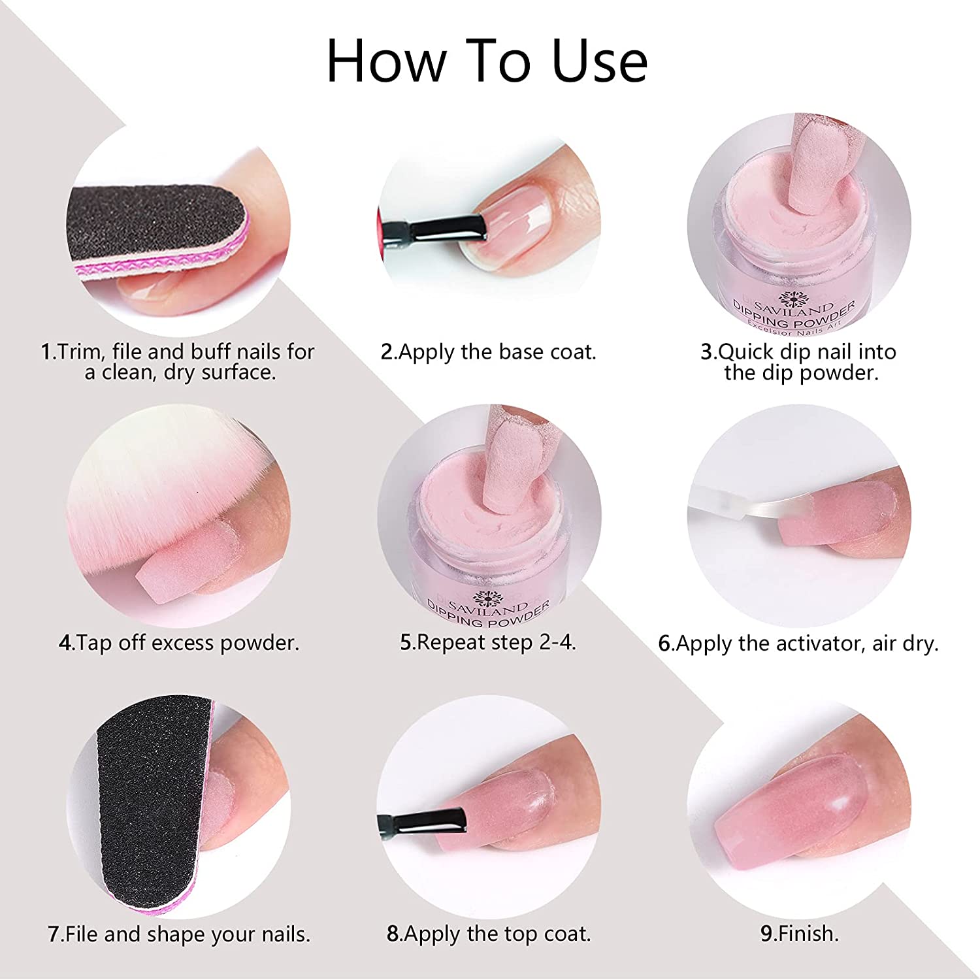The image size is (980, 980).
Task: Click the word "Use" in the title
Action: point(599,61)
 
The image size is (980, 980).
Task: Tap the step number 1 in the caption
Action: point(46,351)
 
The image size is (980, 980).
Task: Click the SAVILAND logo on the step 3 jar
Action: point(793,303)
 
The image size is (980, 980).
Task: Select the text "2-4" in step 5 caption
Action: point(557,642)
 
